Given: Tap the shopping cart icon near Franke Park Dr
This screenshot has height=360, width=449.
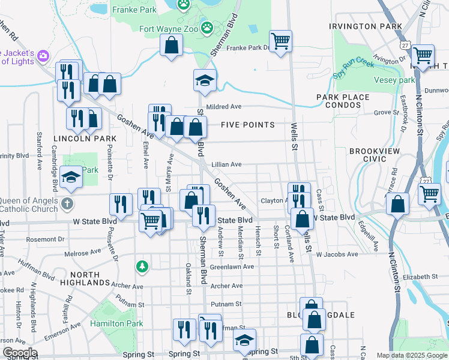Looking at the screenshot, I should pyautogui.click(x=280, y=41).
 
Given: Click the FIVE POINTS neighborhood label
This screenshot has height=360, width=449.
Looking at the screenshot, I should pyautogui.click(x=247, y=125).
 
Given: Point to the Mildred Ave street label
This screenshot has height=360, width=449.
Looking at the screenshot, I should pyautogui.click(x=223, y=106).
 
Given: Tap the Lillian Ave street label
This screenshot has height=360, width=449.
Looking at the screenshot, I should pyautogui.click(x=226, y=164).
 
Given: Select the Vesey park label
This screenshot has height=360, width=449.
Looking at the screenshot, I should pyautogui.click(x=394, y=80).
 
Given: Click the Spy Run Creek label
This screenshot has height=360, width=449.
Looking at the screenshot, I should pyautogui.click(x=354, y=68).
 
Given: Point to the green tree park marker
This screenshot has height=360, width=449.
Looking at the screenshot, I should pyautogui.click(x=142, y=265).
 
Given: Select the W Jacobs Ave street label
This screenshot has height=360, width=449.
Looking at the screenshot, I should pyautogui.click(x=337, y=255).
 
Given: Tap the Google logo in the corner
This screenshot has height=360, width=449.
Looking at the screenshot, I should pyautogui.click(x=20, y=353).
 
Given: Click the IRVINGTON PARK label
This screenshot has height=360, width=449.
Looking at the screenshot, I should pyautogui.click(x=365, y=26).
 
